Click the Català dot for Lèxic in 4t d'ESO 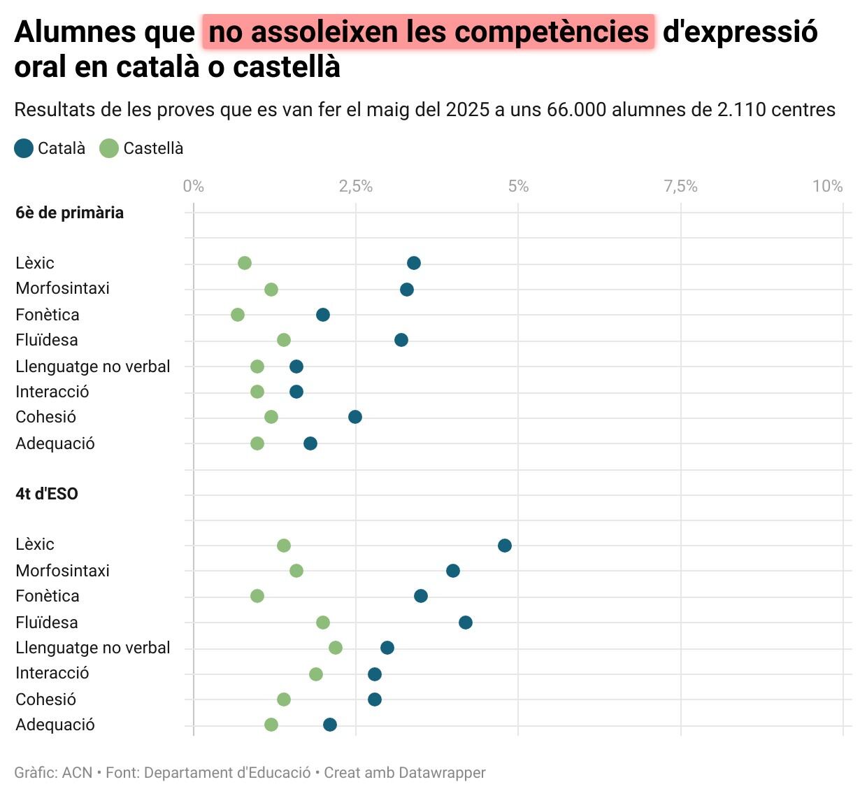505,546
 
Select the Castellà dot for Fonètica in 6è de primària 238,315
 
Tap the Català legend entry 50,148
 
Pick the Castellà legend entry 142,148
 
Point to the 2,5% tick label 356,186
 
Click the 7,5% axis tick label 680,186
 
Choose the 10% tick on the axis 827,186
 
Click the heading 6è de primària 69,213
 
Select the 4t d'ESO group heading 47,494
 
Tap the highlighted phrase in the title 429,32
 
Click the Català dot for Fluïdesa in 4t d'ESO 466,623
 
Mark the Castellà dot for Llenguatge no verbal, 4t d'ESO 336,648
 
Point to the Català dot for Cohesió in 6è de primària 355,417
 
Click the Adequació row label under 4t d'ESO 55,725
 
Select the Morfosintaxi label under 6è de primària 62,288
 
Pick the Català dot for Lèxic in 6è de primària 414,263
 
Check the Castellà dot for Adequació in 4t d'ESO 271,725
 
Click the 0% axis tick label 194,186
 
